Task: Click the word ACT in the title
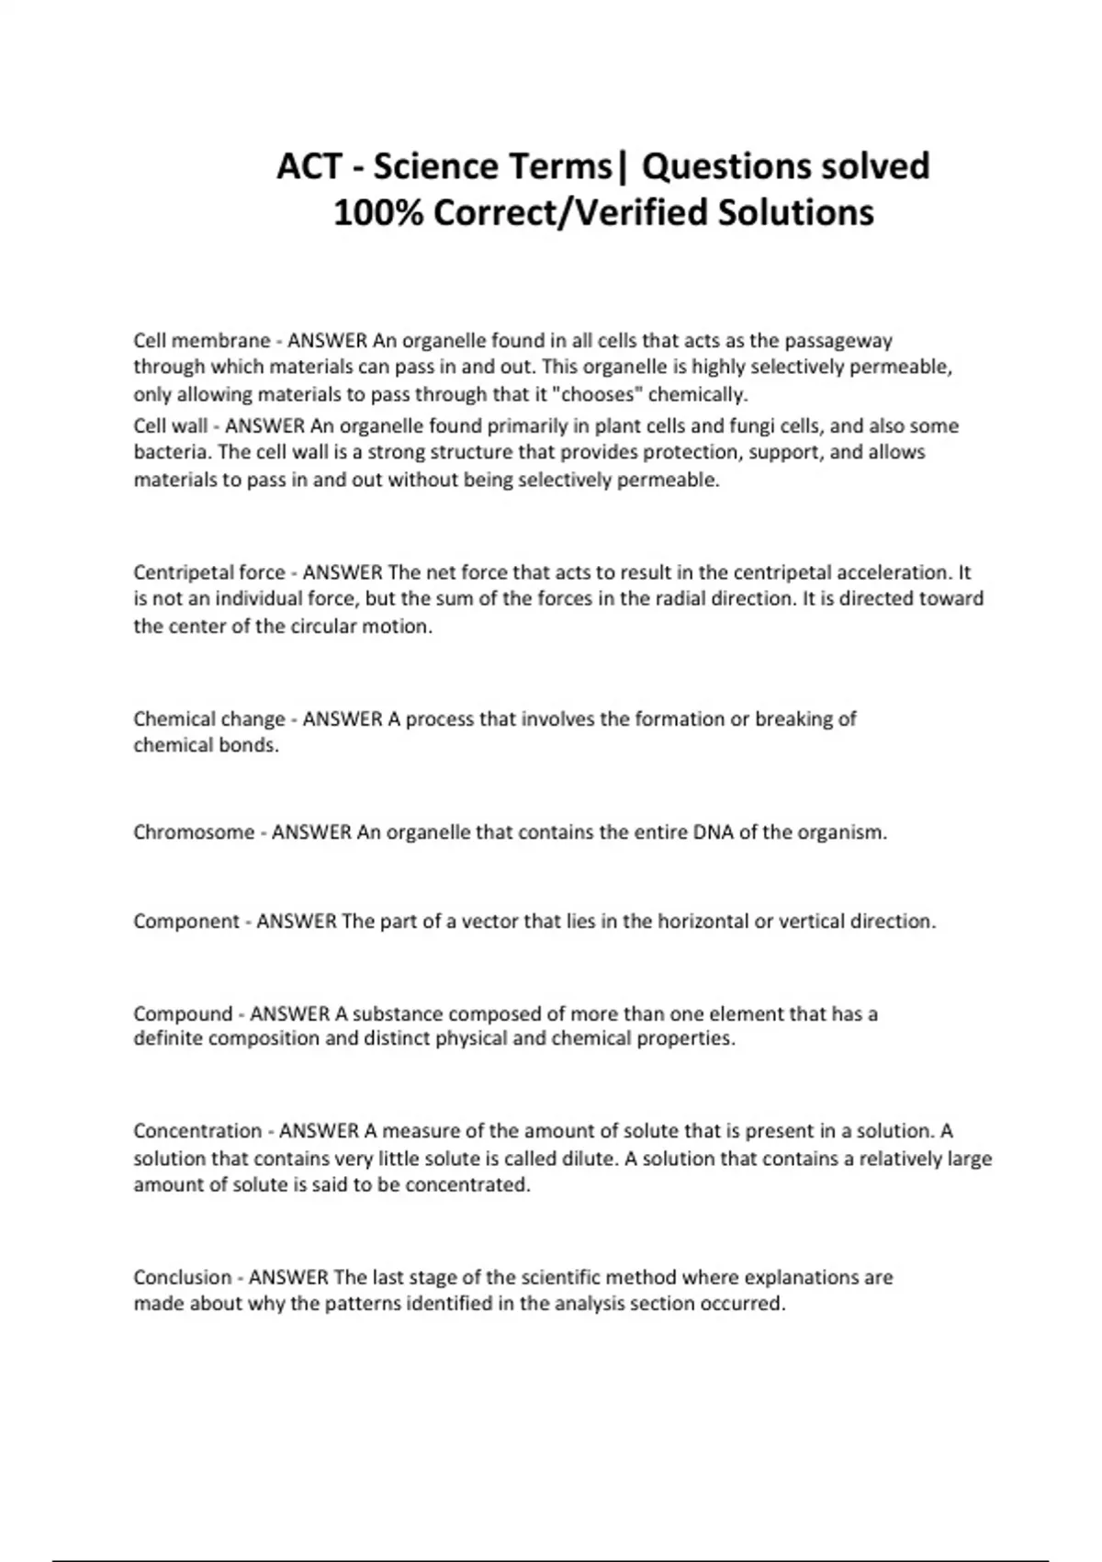310,166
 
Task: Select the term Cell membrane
202,341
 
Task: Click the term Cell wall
171,426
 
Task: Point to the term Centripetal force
209,572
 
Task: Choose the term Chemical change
209,719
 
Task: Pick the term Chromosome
194,832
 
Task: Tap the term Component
186,922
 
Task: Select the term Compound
183,1014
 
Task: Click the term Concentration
197,1131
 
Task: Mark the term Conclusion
183,1277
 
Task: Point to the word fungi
740,426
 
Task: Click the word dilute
587,1159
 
